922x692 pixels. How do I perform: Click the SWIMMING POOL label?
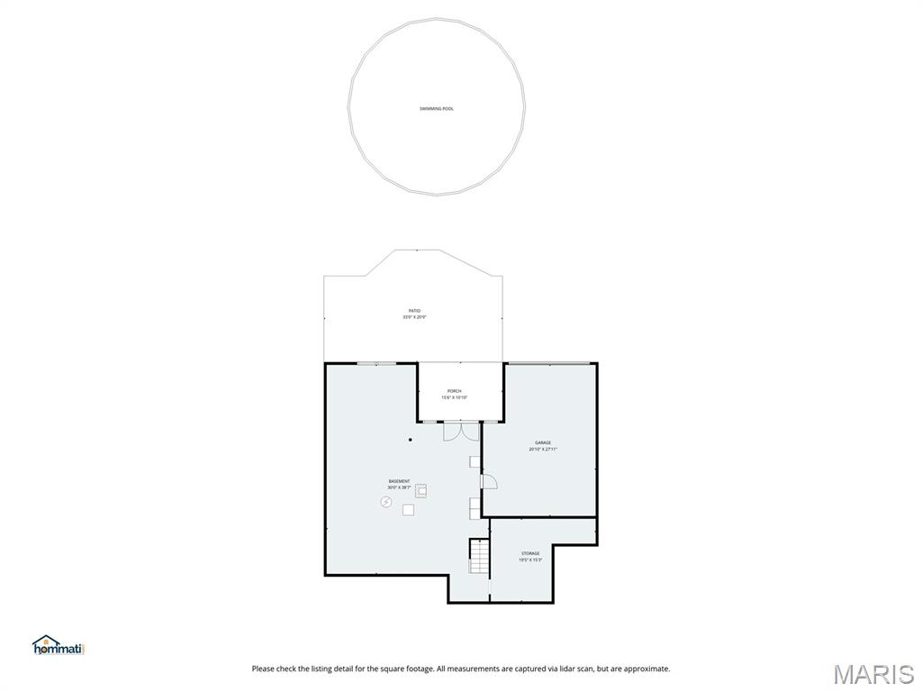(x=437, y=109)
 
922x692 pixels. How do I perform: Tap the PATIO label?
(x=414, y=311)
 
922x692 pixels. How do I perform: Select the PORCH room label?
(x=454, y=391)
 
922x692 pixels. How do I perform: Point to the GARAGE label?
(x=543, y=442)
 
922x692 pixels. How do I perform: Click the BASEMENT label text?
(x=399, y=481)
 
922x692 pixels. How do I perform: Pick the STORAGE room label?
(x=530, y=553)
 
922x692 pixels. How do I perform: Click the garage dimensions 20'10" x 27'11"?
(x=543, y=449)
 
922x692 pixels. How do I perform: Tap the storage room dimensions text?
(x=530, y=560)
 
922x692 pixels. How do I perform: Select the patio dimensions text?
(x=414, y=317)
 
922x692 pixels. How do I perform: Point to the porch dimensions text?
(x=454, y=397)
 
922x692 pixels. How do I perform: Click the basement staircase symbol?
(x=478, y=556)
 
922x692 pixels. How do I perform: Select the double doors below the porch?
(x=460, y=430)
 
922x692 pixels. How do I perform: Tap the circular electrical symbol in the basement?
(x=386, y=502)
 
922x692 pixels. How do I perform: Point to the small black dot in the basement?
(x=410, y=440)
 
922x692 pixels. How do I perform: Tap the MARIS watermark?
(x=873, y=674)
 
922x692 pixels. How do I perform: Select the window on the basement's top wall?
(x=376, y=363)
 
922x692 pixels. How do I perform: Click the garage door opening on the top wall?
(x=548, y=363)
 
